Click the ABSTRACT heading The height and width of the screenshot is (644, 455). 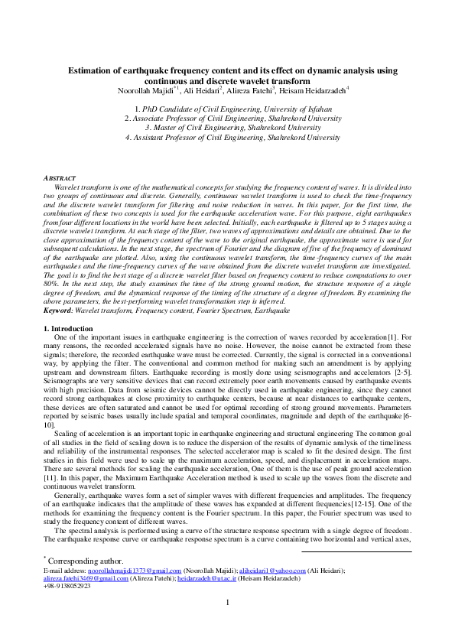pos(59,178)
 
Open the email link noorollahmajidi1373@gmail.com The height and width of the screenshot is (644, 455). pos(135,571)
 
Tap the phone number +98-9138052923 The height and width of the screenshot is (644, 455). pos(67,587)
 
